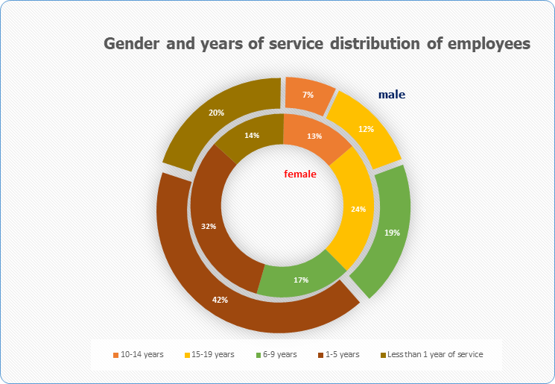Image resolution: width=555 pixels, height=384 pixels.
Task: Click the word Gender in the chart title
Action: point(129,44)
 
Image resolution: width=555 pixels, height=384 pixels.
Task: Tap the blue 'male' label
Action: point(391,95)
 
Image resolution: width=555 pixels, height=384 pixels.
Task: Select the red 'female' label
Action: point(300,174)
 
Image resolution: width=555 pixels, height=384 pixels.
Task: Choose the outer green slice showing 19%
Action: point(392,232)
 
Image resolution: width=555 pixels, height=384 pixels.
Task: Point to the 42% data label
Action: point(221,300)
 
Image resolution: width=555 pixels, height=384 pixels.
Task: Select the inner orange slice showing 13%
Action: point(314,136)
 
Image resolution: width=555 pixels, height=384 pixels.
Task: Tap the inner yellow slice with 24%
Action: point(358,209)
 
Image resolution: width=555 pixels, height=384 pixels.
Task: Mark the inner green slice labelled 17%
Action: point(302,280)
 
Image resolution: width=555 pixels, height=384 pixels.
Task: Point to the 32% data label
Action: point(209,226)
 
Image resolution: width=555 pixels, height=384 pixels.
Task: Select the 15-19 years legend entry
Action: point(212,354)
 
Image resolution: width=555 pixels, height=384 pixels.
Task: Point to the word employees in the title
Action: point(487,44)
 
